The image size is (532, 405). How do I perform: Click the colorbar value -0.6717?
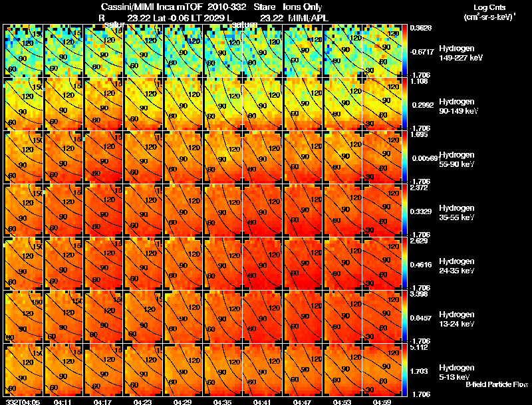420,51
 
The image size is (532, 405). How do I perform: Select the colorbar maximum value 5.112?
420,346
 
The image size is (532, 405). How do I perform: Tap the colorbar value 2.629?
420,240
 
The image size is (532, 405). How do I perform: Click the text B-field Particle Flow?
497,384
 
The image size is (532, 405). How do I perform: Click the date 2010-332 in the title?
227,7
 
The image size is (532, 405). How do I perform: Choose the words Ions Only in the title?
304,7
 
